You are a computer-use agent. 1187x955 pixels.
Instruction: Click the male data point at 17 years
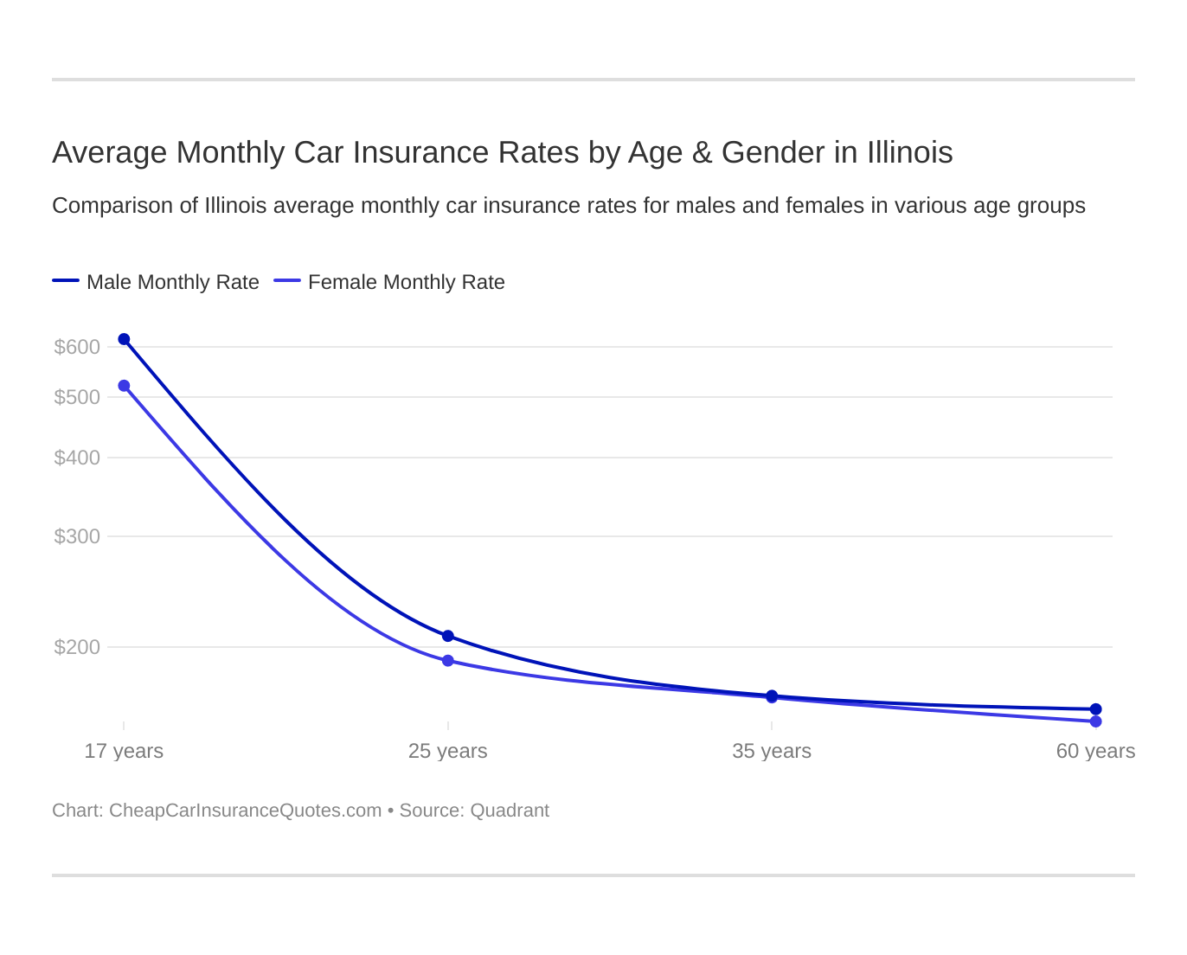[124, 339]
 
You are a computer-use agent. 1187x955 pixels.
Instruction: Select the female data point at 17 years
[124, 386]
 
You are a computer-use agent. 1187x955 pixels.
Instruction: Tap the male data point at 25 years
[448, 636]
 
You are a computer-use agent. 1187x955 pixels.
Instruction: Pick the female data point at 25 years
[448, 661]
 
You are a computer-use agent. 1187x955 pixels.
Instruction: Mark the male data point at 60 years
[1096, 709]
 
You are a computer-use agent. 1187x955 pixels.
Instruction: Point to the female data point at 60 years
[1096, 721]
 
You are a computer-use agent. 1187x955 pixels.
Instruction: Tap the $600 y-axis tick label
[77, 347]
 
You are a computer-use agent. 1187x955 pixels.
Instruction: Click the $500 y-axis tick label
[77, 397]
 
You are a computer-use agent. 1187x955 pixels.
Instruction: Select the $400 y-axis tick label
[77, 458]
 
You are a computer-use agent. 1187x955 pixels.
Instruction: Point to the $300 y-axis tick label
[77, 536]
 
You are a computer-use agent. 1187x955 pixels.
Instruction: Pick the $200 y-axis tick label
[77, 647]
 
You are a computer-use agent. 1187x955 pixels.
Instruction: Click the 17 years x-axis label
[124, 751]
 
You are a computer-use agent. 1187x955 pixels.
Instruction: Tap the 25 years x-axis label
[448, 751]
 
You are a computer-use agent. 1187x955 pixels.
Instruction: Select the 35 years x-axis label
[772, 751]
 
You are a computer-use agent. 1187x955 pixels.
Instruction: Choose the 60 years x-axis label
[1095, 751]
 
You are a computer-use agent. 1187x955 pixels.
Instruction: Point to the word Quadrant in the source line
[510, 811]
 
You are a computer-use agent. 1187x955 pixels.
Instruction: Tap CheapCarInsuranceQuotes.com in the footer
[245, 811]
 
